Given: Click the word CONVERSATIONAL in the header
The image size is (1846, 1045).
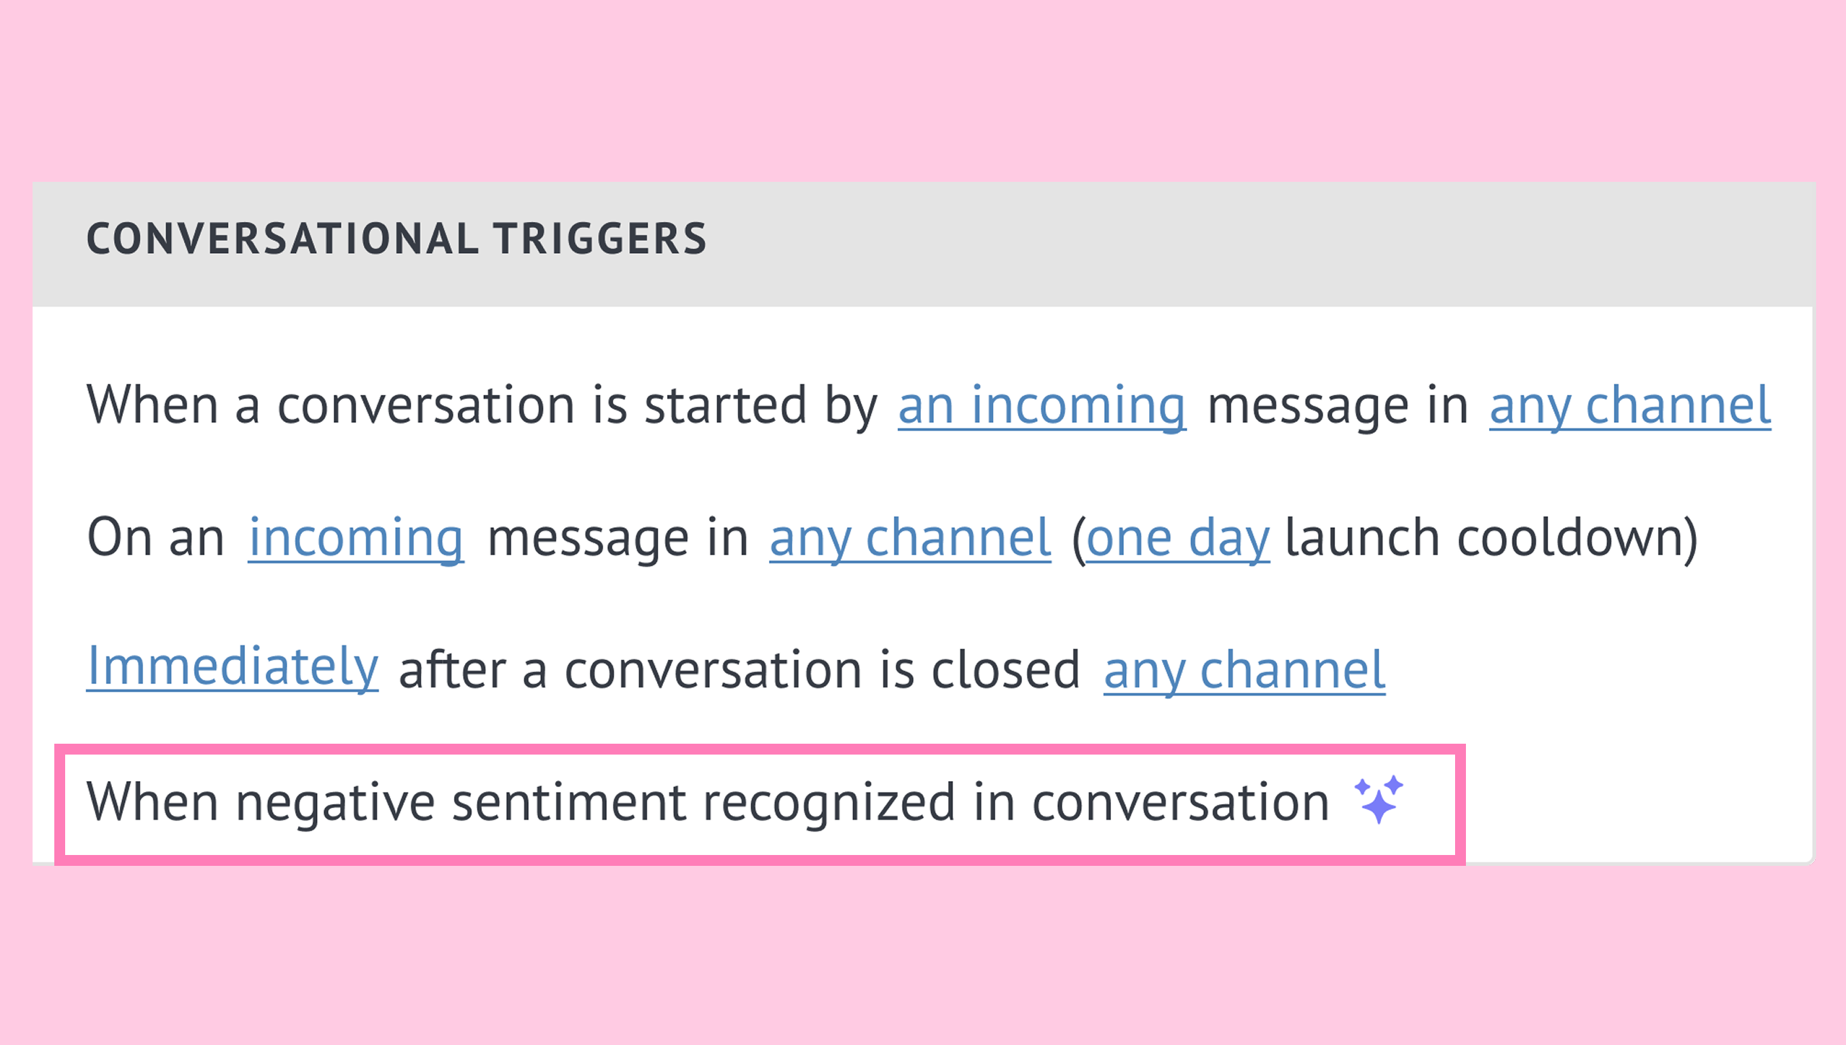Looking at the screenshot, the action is (x=283, y=238).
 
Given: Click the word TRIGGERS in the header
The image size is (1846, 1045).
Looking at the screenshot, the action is (x=600, y=238).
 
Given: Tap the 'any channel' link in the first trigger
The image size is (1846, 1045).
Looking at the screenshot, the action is (x=1630, y=406).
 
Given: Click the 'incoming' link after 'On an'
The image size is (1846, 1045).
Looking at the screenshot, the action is (x=356, y=537).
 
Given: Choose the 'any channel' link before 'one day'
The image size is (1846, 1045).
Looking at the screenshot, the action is (x=910, y=537).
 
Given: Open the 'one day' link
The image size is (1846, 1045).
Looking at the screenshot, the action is (x=1178, y=537).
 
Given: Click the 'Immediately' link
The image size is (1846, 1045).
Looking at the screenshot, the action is (x=233, y=668).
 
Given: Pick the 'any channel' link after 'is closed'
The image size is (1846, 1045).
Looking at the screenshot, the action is (x=1245, y=670).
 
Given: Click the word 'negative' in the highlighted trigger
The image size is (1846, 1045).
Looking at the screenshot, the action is (x=335, y=802).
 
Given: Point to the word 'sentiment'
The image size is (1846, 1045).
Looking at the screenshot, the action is (x=569, y=802).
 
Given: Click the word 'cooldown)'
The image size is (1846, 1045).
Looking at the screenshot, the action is (x=1577, y=537).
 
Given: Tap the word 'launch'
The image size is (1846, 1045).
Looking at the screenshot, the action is (x=1361, y=537).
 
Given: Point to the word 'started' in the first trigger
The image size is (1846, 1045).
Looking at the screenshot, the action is (x=725, y=406).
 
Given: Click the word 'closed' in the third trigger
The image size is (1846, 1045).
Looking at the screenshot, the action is (x=1006, y=670).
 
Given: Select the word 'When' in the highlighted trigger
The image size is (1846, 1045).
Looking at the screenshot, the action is (x=152, y=802).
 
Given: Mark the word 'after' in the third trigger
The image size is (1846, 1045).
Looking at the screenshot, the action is (x=453, y=670).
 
